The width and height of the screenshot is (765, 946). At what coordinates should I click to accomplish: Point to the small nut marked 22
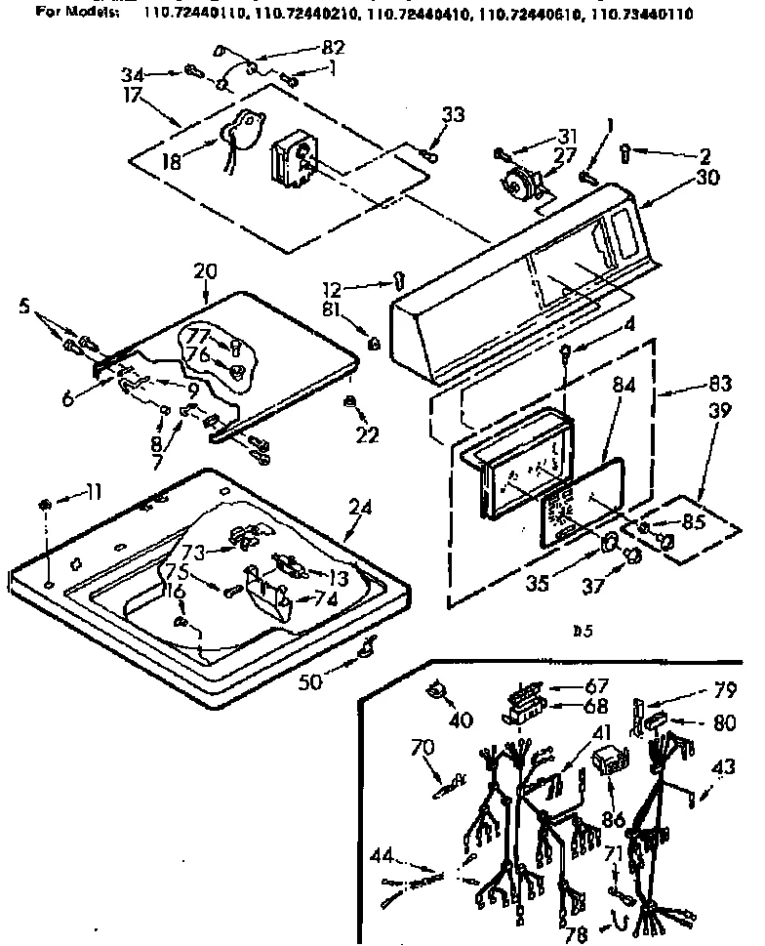(x=348, y=400)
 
